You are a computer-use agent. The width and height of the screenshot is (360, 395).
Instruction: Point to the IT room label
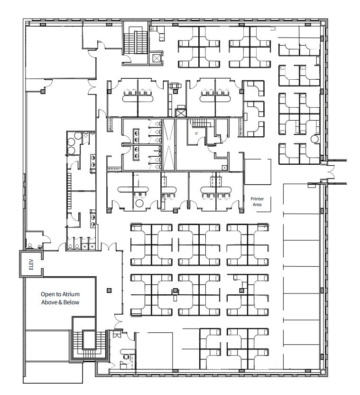coord(196,134)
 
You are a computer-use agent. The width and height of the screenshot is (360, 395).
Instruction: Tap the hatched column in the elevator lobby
coord(109,290)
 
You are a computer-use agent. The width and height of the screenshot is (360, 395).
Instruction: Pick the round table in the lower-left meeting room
coord(139,203)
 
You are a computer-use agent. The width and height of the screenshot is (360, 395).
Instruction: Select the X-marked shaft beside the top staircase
coord(157,58)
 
